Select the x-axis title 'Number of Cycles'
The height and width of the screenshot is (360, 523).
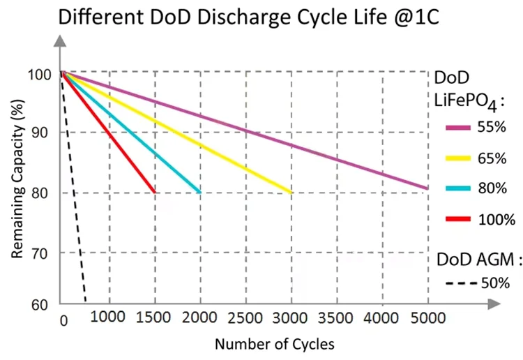pos(274,344)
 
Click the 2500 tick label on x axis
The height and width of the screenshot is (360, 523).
pos(246,318)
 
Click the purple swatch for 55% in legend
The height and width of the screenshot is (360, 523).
pos(457,128)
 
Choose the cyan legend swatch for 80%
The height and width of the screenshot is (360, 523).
pos(457,188)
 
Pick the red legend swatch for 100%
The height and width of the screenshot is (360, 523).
pos(457,220)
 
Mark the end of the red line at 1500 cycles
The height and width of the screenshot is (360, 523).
pos(153,192)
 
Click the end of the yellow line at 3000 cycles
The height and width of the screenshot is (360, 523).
pos(290,192)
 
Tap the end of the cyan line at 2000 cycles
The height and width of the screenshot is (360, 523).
pos(199,192)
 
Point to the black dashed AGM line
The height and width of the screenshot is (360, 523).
pos(74,188)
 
